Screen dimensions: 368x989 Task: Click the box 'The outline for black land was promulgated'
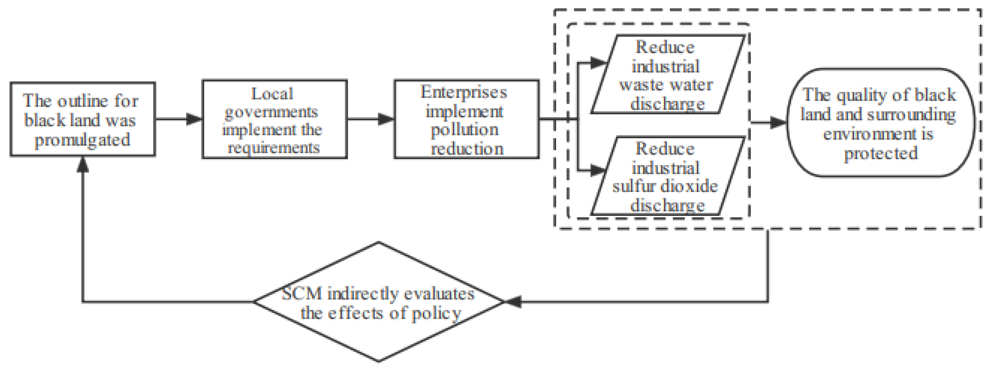pos(83,119)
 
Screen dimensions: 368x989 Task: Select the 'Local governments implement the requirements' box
pos(275,119)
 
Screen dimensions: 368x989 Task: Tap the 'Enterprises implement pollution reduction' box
pos(466,119)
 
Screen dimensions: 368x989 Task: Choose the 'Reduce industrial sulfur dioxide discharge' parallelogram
pos(667,176)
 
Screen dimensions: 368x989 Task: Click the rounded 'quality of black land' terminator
pos(881,123)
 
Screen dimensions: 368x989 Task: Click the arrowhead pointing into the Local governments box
pos(194,119)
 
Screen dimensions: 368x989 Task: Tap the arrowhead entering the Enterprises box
pos(386,119)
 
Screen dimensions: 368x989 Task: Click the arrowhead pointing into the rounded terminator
pos(779,123)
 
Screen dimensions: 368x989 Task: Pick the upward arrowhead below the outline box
pos(83,165)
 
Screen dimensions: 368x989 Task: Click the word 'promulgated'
pos(83,139)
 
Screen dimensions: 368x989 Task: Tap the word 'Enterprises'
pos(464,92)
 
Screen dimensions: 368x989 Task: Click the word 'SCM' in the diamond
pos(302,294)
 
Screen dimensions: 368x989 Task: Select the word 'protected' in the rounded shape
pos(881,153)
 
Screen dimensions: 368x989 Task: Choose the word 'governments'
pos(271,112)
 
